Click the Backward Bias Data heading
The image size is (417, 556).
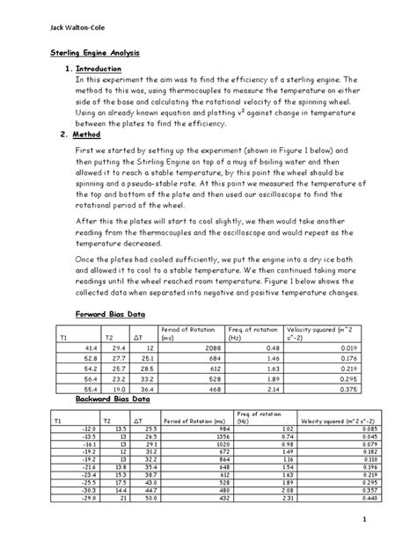tap(114, 399)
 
